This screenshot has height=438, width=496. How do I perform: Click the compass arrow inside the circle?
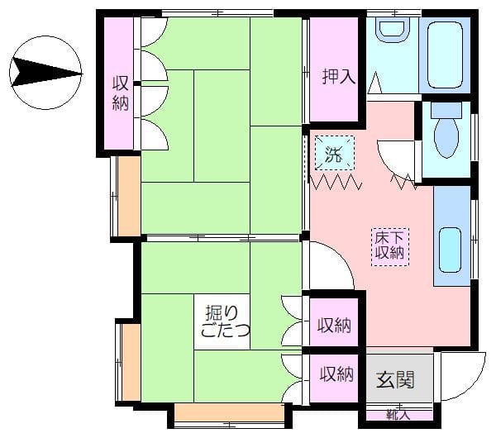pyautogui.click(x=45, y=73)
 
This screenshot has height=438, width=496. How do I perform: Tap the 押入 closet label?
pyautogui.click(x=339, y=76)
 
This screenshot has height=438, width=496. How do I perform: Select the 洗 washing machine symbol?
pyautogui.click(x=335, y=153)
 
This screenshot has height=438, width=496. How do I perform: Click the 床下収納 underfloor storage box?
pyautogui.click(x=390, y=246)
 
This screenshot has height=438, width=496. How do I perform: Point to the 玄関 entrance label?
pyautogui.click(x=395, y=379)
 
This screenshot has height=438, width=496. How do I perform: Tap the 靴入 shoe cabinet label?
pyautogui.click(x=398, y=415)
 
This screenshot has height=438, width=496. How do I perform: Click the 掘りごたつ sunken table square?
pyautogui.click(x=222, y=321)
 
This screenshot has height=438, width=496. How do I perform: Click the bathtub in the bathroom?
pyautogui.click(x=445, y=55)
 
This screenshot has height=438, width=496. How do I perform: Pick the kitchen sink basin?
pyautogui.click(x=450, y=250)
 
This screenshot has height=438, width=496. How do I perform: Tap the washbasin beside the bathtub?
pyautogui.click(x=392, y=31)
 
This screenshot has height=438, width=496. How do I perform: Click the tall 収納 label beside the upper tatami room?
pyautogui.click(x=121, y=93)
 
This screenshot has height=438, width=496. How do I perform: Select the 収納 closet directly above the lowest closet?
pyautogui.click(x=334, y=325)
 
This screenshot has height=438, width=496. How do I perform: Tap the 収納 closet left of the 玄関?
pyautogui.click(x=336, y=374)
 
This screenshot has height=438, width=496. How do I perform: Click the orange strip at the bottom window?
pyautogui.click(x=230, y=412)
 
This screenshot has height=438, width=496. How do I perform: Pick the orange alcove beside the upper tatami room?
pyautogui.click(x=129, y=196)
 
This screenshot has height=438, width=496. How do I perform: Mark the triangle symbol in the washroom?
pyautogui.click(x=375, y=83)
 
